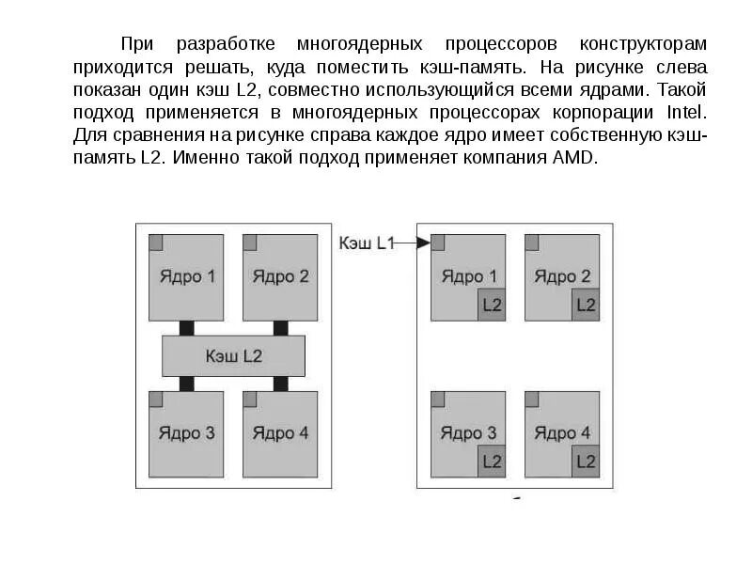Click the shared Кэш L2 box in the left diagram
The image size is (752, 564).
coord(234,356)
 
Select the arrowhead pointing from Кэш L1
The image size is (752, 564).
coord(424,243)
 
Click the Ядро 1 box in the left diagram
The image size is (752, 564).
coord(187,277)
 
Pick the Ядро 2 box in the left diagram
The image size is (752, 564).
coord(280,277)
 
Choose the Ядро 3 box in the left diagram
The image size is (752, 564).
coord(187,433)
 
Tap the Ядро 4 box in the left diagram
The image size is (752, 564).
coord(280,433)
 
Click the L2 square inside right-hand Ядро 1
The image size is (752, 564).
coord(492,305)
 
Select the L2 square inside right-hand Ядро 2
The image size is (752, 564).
coord(586,305)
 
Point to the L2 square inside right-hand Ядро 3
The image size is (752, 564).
coord(492,462)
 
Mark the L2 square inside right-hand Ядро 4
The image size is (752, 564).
coord(586,462)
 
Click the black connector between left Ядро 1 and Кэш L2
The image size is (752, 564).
coord(187,328)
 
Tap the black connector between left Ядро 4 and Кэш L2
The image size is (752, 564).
coord(280,384)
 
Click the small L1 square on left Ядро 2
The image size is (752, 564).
coord(250,243)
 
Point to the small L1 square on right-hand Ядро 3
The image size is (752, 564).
coord(438,399)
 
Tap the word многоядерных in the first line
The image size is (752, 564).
coord(355,44)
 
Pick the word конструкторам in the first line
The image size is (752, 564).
coord(644,44)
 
